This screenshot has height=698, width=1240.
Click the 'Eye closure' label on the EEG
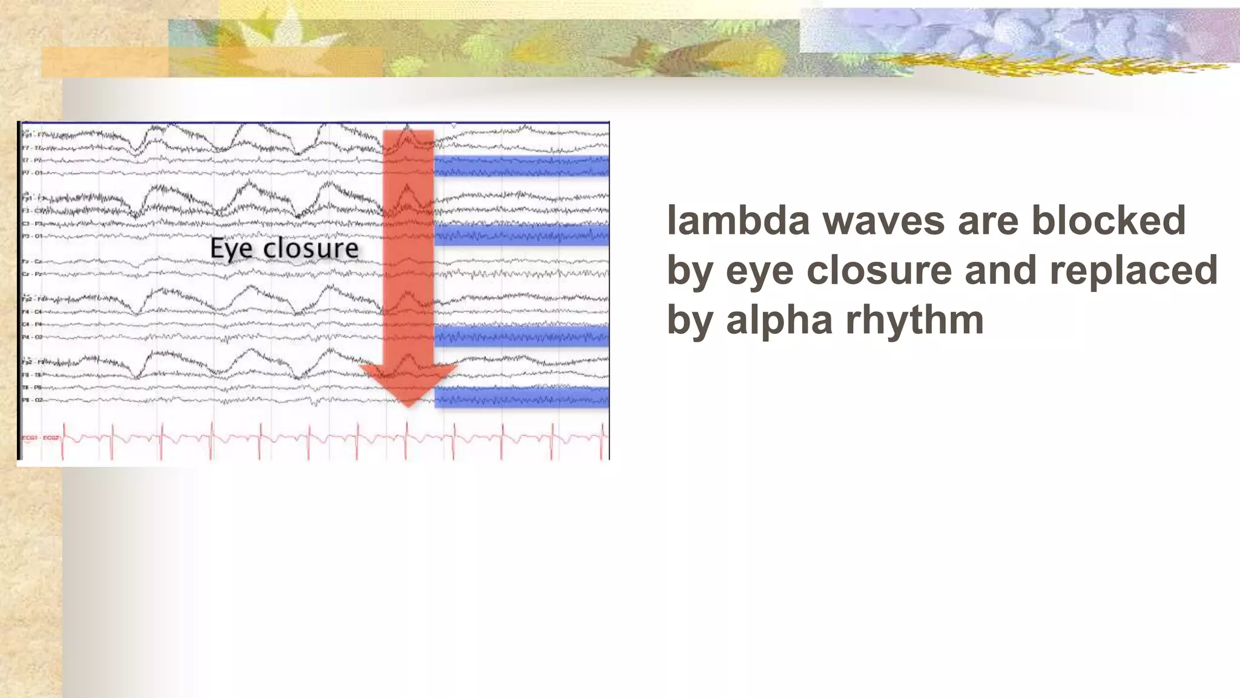[x=284, y=248]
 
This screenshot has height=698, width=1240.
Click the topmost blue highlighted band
[x=521, y=165]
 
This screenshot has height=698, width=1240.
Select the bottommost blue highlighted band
[x=521, y=397]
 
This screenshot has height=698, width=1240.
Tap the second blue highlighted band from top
[x=521, y=234]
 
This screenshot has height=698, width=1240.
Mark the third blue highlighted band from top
[x=521, y=335]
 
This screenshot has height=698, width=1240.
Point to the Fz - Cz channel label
[x=32, y=261]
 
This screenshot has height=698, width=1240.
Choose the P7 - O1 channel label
[x=32, y=173]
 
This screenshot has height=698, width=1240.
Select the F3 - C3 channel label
[x=32, y=211]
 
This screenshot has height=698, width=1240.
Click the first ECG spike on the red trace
[x=63, y=435]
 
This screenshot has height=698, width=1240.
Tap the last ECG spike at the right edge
[x=602, y=435]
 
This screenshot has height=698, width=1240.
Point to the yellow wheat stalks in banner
[x=1029, y=64]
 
